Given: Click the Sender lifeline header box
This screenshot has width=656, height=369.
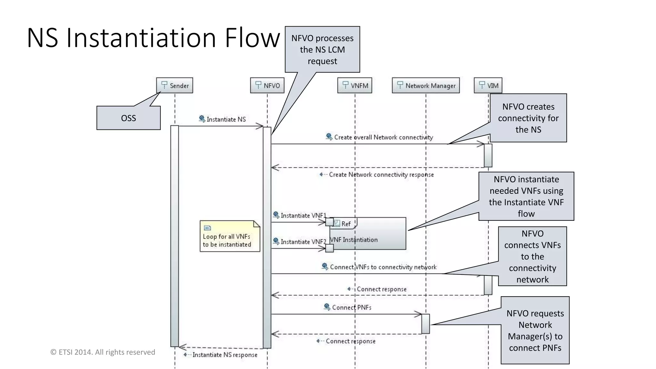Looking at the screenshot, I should [x=175, y=86].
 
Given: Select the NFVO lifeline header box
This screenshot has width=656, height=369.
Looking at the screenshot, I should [x=267, y=86].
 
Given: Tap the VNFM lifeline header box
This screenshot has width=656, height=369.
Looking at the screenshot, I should [x=355, y=86].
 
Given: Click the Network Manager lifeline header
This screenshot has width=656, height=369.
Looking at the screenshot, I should [x=426, y=86].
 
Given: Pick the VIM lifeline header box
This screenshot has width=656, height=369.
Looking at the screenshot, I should [x=488, y=86].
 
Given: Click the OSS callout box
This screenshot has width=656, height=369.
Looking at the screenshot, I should [x=128, y=118].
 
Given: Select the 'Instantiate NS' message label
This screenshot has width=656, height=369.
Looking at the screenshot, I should [x=226, y=119].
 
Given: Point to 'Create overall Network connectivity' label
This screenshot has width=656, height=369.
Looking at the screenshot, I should [x=383, y=137].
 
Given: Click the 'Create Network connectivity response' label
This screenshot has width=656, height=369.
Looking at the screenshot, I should [x=381, y=175].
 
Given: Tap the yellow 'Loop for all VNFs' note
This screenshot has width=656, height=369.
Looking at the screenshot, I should [x=229, y=236].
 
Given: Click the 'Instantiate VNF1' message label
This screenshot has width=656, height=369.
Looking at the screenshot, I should [x=303, y=216].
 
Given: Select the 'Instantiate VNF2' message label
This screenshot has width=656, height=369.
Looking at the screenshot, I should [x=303, y=242].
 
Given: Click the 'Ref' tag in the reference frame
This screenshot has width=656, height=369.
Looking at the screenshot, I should [x=345, y=224].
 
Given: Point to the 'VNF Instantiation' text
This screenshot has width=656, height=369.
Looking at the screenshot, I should [x=354, y=240].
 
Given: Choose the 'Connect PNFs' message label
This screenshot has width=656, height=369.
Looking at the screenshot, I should [x=351, y=307].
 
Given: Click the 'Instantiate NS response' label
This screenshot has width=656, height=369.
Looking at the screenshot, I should [x=225, y=355].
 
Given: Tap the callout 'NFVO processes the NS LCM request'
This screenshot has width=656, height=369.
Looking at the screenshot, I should [x=322, y=50].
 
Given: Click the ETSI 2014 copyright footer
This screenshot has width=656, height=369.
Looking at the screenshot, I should [x=103, y=352].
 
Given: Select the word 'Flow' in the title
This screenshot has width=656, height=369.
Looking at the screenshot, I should [x=252, y=38].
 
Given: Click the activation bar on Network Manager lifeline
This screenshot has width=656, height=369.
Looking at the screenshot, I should [x=425, y=324].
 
